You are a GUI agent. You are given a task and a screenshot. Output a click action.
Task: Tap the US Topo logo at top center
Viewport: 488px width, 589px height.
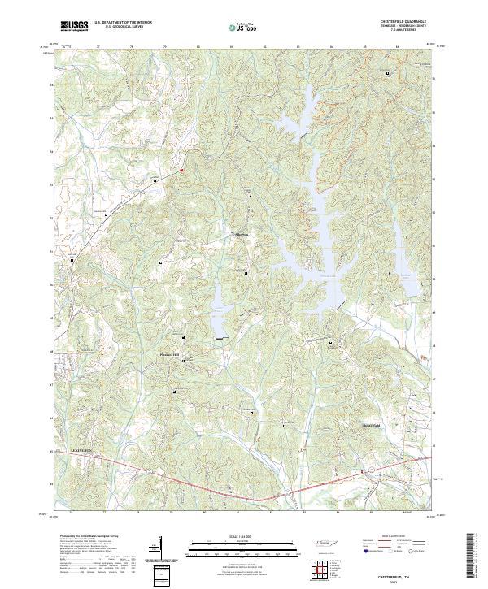pos(244,27)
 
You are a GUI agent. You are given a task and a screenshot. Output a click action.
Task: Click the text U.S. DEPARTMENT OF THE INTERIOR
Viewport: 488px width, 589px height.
pos(123,23)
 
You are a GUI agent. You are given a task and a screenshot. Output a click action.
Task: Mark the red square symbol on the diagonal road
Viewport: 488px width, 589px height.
pos(181,170)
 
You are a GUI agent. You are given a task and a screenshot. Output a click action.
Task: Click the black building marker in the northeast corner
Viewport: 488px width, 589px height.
pos(388,73)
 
